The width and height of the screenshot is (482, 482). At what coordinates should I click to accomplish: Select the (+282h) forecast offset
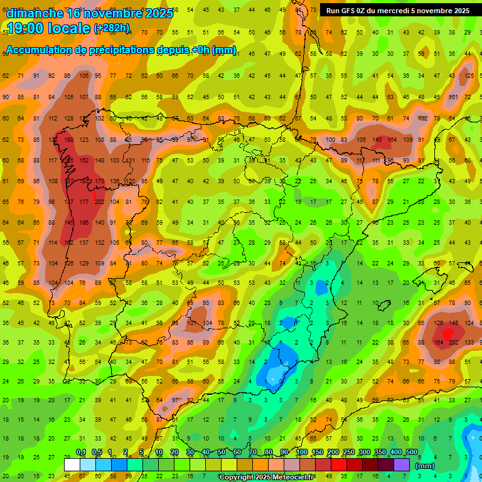(x=112, y=28)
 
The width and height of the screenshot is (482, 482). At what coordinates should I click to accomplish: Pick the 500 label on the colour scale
(x=412, y=453)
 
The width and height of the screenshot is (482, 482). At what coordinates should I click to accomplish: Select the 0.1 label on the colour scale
(x=81, y=453)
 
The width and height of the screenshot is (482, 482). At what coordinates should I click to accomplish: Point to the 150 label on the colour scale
(x=318, y=453)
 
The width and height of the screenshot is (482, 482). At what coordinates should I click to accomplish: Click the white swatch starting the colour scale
(x=72, y=464)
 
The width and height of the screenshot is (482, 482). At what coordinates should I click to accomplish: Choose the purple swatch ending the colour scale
(x=402, y=464)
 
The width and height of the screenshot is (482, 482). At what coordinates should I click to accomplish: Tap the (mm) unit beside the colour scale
(x=425, y=466)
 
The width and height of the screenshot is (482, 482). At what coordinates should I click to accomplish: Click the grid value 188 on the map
(x=68, y=140)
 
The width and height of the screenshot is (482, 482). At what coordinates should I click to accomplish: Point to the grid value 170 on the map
(x=99, y=181)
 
